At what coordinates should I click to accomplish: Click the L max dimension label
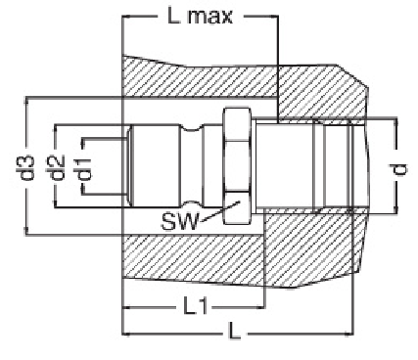click(x=200, y=17)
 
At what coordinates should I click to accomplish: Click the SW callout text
click(x=180, y=222)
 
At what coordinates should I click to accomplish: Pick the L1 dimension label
click(x=196, y=306)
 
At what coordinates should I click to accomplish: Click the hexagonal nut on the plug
click(x=237, y=166)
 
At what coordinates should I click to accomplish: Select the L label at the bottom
click(x=234, y=333)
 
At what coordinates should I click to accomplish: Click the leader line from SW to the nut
click(x=219, y=212)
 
